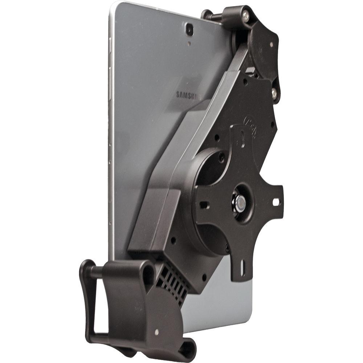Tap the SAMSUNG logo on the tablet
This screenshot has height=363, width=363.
[188, 95]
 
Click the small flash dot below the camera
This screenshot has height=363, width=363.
[189, 42]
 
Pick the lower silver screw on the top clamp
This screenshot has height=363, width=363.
[274, 94]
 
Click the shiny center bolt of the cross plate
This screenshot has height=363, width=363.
[240, 203]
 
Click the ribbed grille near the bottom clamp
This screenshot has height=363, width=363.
[173, 283]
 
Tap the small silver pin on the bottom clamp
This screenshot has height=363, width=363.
[156, 332]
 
